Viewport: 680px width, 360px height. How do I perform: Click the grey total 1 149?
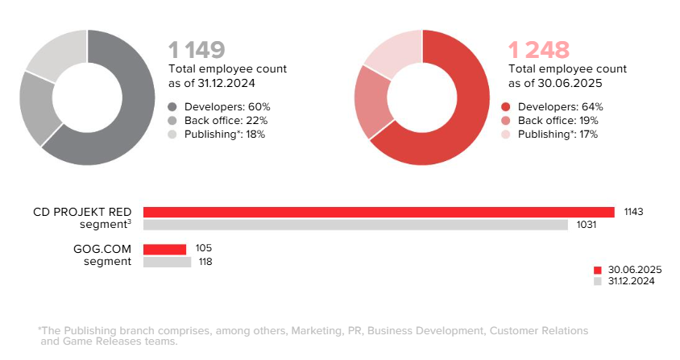[196, 50]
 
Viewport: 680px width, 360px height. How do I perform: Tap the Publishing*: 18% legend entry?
[217, 134]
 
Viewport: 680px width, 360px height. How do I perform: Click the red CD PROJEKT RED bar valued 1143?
[379, 212]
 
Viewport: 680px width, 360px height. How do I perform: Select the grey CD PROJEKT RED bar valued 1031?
[355, 225]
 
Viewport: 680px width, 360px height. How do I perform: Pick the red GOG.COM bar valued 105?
[164, 249]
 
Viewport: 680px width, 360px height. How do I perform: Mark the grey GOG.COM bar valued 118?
[167, 262]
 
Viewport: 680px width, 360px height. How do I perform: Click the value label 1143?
[632, 212]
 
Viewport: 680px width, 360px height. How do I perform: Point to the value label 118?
[205, 262]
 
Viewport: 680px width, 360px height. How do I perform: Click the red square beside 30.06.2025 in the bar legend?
[598, 270]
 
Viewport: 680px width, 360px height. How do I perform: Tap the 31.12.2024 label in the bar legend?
[631, 281]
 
